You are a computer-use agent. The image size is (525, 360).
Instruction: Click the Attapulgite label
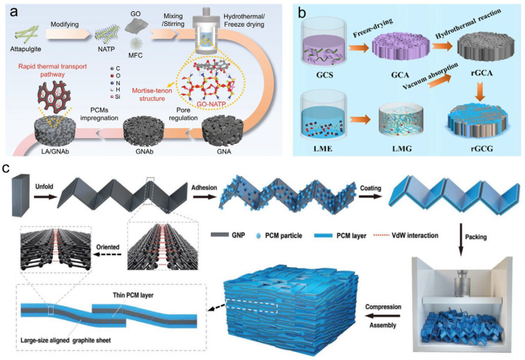[25, 49]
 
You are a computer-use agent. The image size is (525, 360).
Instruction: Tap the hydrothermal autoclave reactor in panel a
[206, 32]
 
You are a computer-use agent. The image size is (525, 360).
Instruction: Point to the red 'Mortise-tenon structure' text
[152, 94]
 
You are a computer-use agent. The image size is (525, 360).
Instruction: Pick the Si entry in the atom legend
[115, 97]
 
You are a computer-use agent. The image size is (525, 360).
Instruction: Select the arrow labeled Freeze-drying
[359, 48]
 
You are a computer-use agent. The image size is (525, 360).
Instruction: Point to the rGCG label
[481, 148]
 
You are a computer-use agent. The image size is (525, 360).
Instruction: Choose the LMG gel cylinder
[401, 122]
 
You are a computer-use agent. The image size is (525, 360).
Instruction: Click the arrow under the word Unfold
[44, 197]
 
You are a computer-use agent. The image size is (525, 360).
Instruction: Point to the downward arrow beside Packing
[461, 240]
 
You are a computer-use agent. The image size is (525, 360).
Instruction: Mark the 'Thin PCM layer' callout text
[133, 295]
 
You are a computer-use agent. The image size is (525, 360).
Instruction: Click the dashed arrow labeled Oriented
[107, 254]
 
